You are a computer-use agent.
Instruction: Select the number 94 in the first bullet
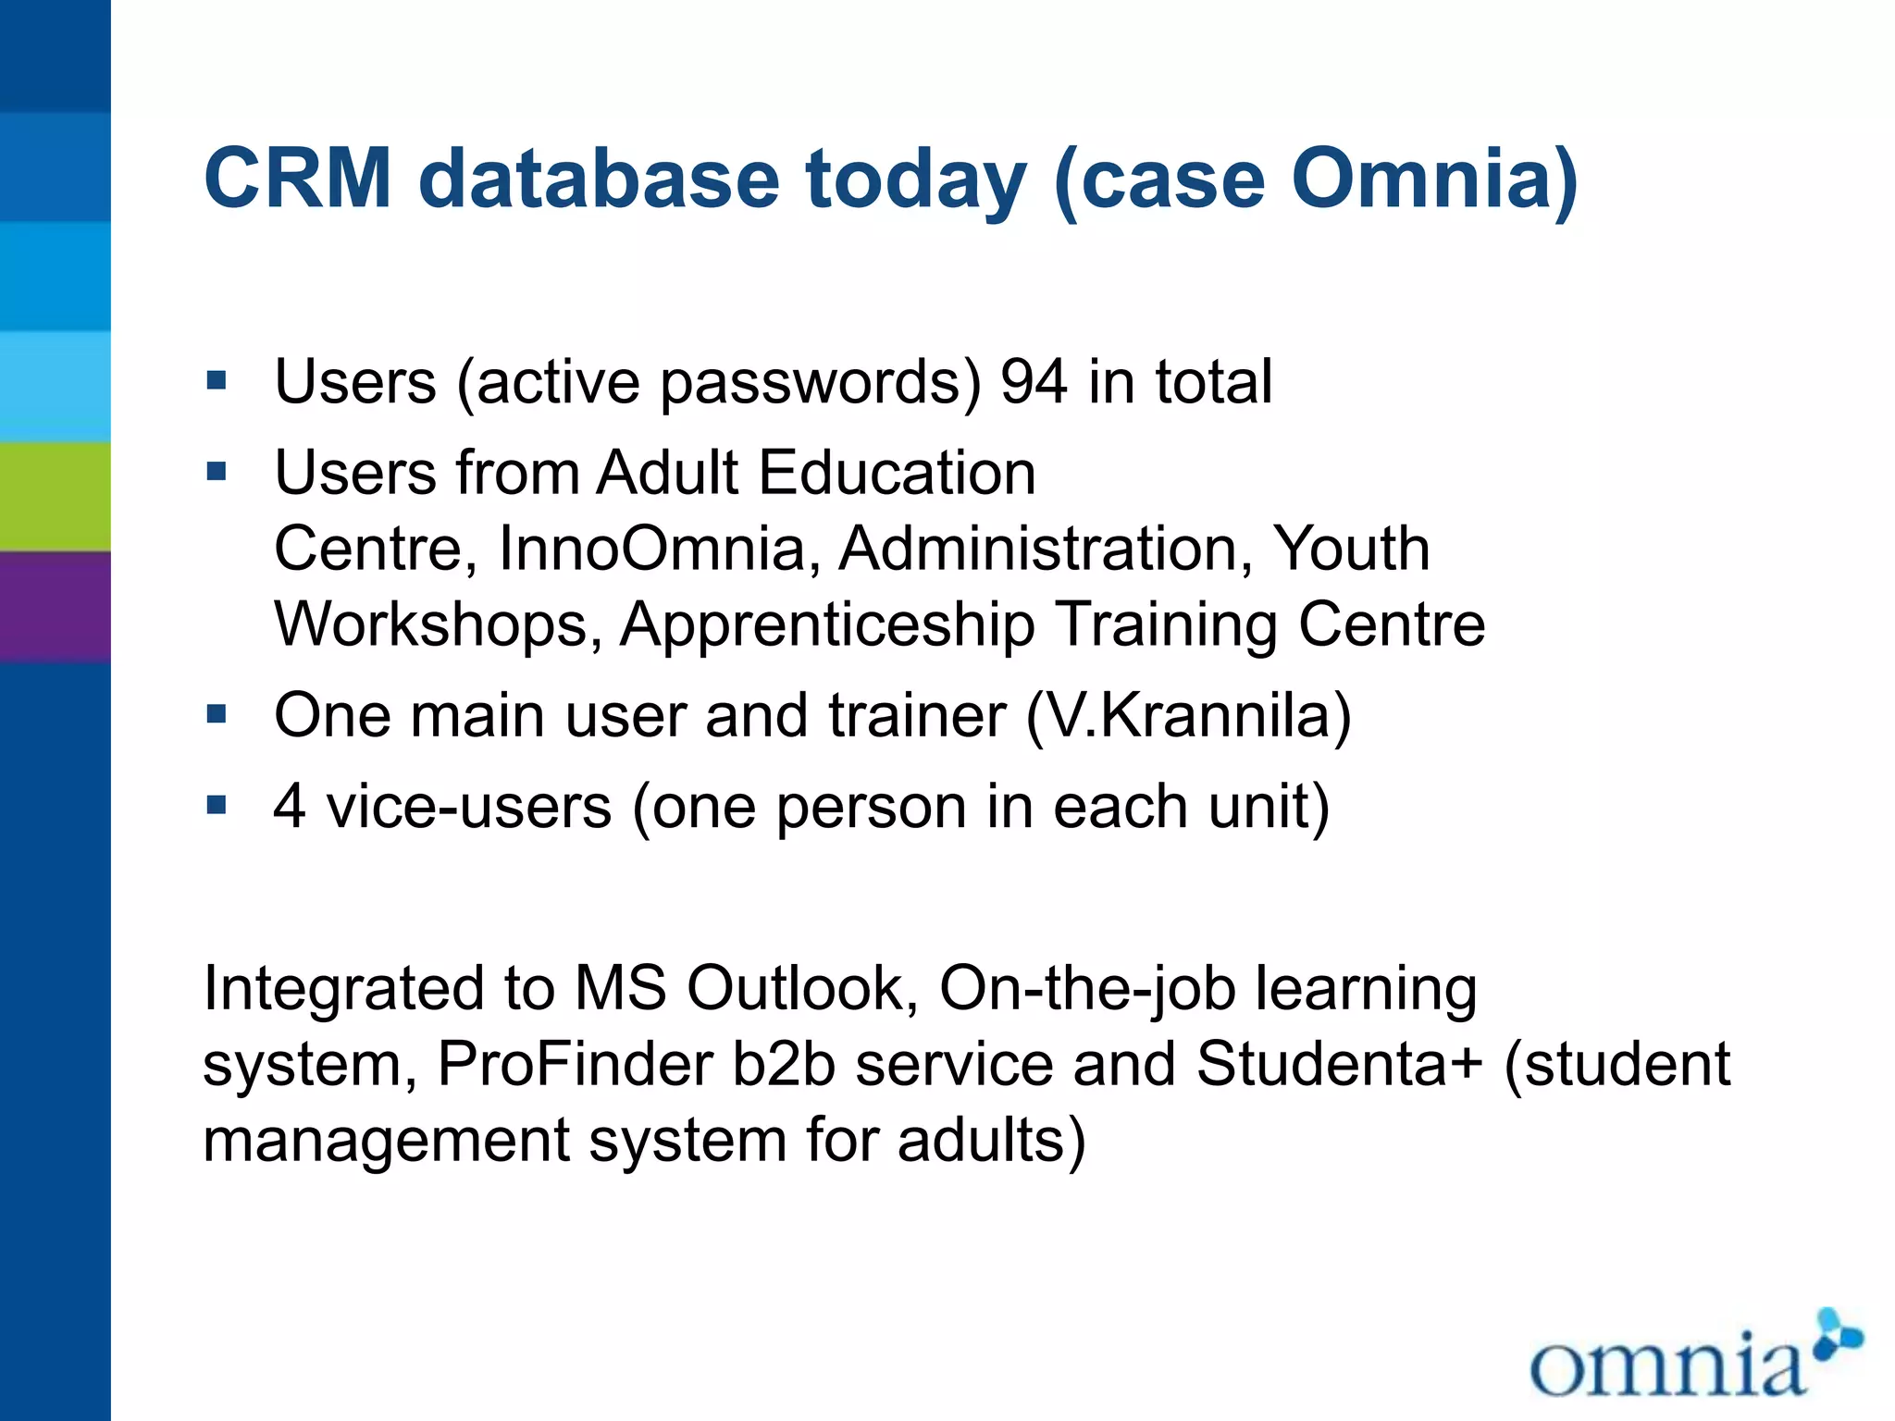[x=1034, y=381]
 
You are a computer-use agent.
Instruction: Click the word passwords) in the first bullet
[x=820, y=383]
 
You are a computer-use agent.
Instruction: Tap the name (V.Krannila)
[x=1188, y=716]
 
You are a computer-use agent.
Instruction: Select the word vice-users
[x=469, y=807]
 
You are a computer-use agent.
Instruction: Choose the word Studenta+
[x=1339, y=1064]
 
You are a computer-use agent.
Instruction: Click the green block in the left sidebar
[x=55, y=497]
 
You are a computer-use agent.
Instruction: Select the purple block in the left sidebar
[x=55, y=607]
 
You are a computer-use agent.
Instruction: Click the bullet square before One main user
[x=217, y=714]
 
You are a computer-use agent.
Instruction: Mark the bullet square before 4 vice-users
[x=217, y=805]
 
